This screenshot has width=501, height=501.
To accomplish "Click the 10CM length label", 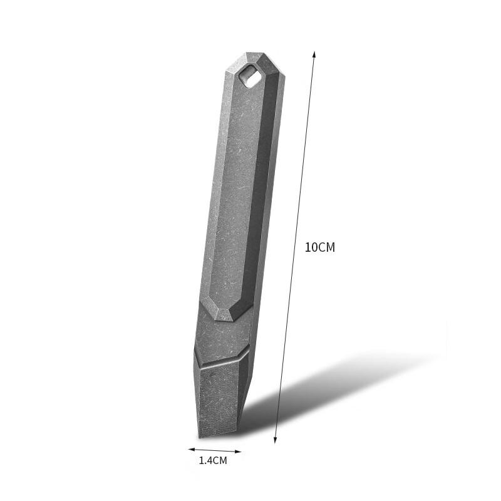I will (319, 247).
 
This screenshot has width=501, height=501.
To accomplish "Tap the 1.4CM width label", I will (212, 461).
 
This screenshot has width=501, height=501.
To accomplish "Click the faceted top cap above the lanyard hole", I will (254, 59).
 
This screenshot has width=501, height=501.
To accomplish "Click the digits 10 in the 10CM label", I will (311, 247).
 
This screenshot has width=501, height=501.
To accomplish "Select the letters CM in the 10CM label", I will (327, 247).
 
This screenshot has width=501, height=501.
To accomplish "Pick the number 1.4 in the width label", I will (205, 461).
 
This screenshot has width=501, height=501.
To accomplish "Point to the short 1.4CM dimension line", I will (214, 450).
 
